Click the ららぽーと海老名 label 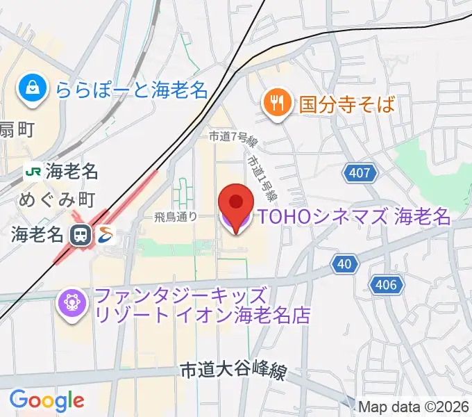pos(132,89)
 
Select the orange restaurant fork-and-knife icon pos(276,104)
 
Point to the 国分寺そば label pos(347,105)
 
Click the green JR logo pos(33,170)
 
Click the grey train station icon pos(81,234)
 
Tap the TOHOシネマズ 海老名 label pos(354,217)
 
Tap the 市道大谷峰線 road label pos(233,372)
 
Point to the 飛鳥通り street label pos(176,217)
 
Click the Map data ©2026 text pos(414,407)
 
